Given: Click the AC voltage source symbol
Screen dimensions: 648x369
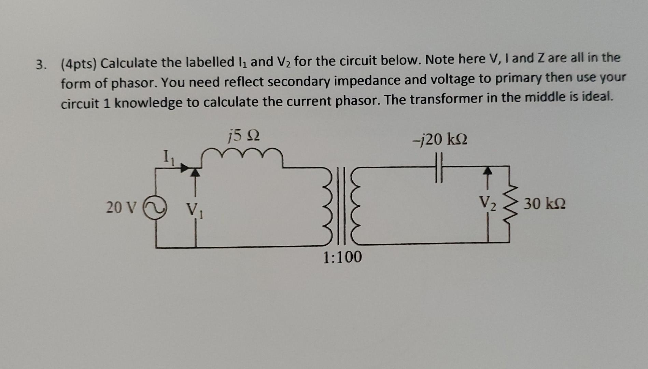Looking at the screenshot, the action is (156, 206).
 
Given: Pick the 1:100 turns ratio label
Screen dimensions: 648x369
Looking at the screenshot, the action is (342, 257).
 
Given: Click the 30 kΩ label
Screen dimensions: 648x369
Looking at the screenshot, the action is (545, 204).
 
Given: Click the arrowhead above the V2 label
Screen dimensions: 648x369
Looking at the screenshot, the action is (488, 170).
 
